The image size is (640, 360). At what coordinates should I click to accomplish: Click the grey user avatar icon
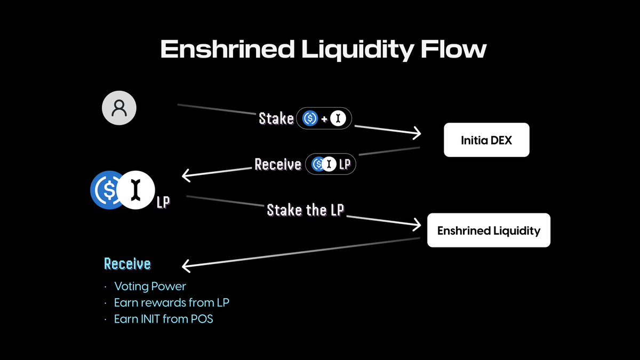click(119, 108)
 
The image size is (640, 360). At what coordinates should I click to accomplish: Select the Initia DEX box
click(486, 140)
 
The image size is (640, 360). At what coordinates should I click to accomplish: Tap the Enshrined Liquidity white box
click(489, 230)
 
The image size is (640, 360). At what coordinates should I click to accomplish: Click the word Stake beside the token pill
click(276, 118)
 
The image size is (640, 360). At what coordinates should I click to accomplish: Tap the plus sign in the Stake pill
click(324, 118)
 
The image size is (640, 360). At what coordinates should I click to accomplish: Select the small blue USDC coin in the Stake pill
click(310, 118)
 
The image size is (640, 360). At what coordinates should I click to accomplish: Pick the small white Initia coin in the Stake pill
click(337, 118)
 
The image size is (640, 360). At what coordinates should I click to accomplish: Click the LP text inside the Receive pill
click(345, 164)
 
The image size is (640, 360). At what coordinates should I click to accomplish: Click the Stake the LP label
click(306, 210)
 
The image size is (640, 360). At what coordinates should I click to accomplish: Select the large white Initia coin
click(137, 190)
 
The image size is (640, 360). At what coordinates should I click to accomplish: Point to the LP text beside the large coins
click(163, 203)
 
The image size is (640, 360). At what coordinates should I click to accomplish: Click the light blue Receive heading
click(127, 263)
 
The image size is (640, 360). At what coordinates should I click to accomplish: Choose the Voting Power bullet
click(150, 287)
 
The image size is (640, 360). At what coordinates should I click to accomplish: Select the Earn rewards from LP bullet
click(171, 303)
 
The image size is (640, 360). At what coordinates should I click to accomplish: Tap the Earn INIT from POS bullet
click(163, 319)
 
